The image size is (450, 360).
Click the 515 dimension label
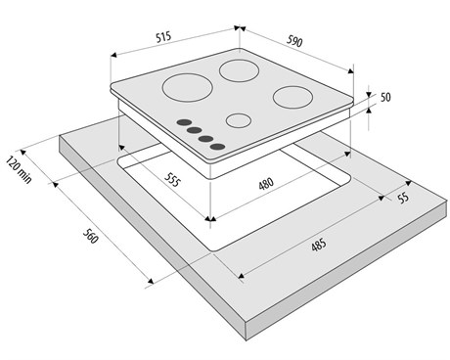pyautogui.click(x=163, y=37)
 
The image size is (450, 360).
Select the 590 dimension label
pyautogui.click(x=294, y=41)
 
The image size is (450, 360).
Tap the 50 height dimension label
pyautogui.click(x=385, y=97)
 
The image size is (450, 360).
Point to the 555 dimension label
pyautogui.click(x=172, y=179)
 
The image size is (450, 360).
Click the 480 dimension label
pyautogui.click(x=266, y=184)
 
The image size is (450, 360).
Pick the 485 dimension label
pyautogui.click(x=319, y=245)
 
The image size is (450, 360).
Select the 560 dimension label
pyautogui.click(x=90, y=236)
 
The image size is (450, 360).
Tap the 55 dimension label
pyautogui.click(x=403, y=198)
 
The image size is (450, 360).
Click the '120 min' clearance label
pyautogui.click(x=19, y=170)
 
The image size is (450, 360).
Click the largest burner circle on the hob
pyautogui.click(x=188, y=88)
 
